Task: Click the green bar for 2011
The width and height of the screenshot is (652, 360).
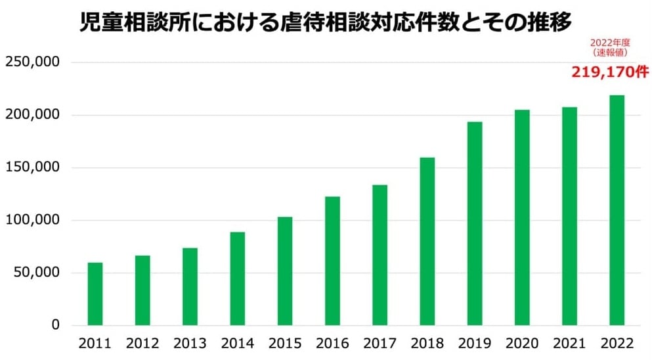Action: coord(95,294)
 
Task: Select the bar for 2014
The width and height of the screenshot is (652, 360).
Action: coord(237,279)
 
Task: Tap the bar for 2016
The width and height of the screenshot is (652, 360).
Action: coord(332,261)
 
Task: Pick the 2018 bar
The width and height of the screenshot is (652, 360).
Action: coord(427,241)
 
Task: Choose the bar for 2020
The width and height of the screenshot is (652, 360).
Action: coord(522,217)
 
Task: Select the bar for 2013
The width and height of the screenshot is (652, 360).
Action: coord(190,286)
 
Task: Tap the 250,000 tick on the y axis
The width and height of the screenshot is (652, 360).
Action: coord(33,62)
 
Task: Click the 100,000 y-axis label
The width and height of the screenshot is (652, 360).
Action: coord(33,220)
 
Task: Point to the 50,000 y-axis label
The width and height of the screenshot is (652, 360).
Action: coord(37,273)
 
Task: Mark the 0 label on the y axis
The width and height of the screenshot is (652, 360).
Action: coord(55,325)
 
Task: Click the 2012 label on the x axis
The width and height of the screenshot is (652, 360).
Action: coord(142,344)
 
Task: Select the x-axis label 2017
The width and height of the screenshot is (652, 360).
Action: coord(380,344)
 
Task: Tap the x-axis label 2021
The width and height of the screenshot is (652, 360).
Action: coord(569,344)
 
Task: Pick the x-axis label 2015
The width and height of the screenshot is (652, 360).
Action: coord(285,344)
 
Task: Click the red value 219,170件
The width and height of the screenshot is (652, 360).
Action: coord(610,72)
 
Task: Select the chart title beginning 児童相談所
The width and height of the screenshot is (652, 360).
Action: coord(326,22)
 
